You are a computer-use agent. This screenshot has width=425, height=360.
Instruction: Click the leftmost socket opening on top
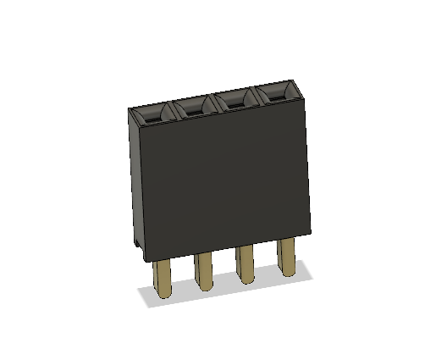coord(153,113)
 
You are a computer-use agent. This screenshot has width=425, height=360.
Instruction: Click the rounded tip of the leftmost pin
coord(163,296)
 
